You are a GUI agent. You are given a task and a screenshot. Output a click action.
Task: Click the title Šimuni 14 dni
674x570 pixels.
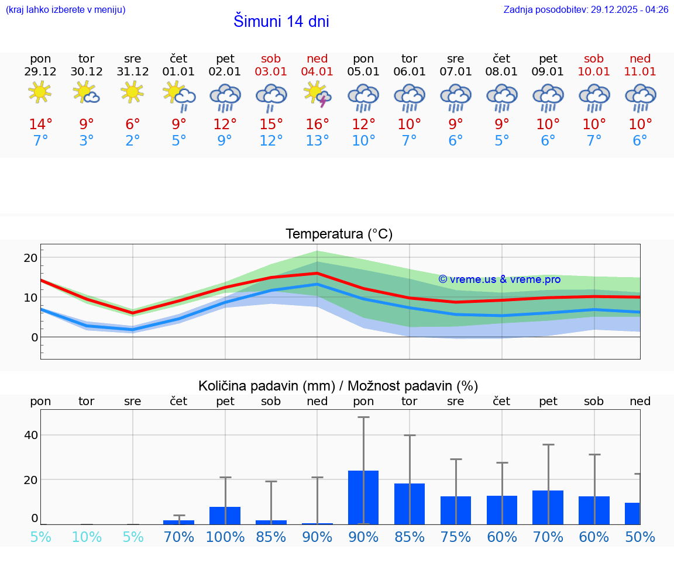(x=281, y=22)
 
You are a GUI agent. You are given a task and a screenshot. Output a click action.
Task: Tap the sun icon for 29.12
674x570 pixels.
(x=40, y=92)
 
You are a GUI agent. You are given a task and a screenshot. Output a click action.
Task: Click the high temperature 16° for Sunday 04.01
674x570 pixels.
(x=317, y=125)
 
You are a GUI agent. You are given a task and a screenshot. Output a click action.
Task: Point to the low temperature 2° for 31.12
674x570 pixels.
(x=133, y=141)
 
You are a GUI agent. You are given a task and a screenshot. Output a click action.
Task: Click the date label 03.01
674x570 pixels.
(x=271, y=72)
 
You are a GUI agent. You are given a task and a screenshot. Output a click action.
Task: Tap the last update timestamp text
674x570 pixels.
(x=586, y=10)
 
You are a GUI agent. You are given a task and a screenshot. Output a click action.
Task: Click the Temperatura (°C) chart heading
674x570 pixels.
(x=339, y=234)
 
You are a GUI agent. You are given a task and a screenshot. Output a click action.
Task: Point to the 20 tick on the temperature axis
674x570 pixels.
(x=30, y=258)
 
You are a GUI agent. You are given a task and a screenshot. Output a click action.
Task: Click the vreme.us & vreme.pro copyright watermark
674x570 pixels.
(x=500, y=279)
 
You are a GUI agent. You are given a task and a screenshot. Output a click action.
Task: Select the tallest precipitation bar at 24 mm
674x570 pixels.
(x=363, y=497)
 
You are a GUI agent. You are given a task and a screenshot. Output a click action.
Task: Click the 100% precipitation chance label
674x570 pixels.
(x=225, y=537)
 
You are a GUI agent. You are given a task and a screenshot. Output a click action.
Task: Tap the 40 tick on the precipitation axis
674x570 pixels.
(x=30, y=435)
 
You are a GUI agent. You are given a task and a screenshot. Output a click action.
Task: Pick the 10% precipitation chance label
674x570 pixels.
(x=87, y=537)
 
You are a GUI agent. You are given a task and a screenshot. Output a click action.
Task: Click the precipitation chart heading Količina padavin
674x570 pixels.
(x=338, y=386)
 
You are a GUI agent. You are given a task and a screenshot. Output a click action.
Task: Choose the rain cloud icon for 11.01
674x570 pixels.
(x=640, y=96)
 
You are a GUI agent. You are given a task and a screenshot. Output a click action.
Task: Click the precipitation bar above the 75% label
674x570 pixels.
(x=456, y=510)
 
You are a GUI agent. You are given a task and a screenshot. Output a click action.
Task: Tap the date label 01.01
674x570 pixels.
(x=179, y=72)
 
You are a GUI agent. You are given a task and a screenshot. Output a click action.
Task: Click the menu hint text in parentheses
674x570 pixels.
(x=66, y=10)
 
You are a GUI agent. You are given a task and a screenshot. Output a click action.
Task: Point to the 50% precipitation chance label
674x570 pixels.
(x=640, y=537)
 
